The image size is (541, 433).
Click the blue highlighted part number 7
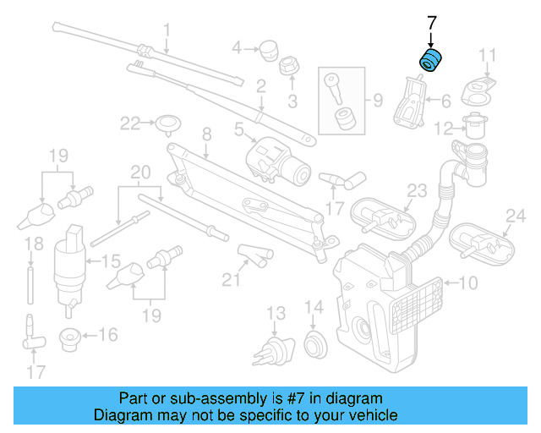pyautogui.click(x=432, y=62)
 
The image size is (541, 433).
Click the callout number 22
pyautogui.click(x=129, y=123)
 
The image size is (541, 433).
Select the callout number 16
pyautogui.click(x=108, y=335)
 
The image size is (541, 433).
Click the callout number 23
pyautogui.click(x=417, y=190)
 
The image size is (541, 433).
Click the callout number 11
pyautogui.click(x=487, y=56)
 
